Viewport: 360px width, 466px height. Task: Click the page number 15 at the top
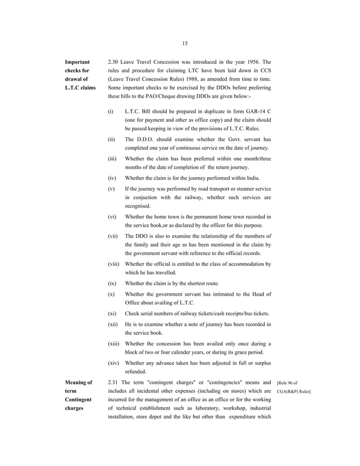pos(185,43)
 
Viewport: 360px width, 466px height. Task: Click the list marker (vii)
pos(113,236)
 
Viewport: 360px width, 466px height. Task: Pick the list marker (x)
pos(111,294)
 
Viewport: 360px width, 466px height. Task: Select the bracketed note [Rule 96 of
pos(290,383)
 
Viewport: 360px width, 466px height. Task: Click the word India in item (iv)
pos(250,178)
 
